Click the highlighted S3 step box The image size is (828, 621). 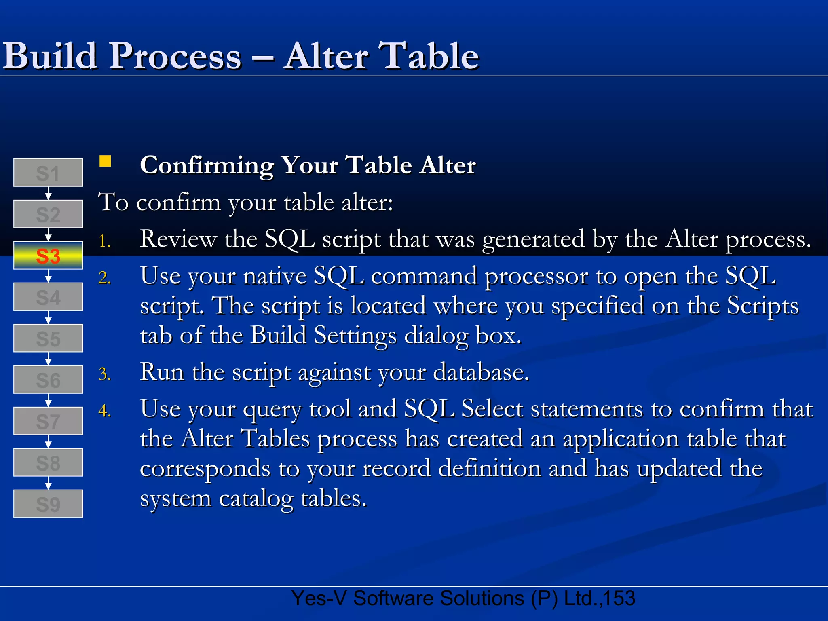(x=48, y=256)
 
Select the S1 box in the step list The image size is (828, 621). (x=48, y=173)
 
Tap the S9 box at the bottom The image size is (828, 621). (x=48, y=504)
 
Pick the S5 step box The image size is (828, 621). (x=48, y=338)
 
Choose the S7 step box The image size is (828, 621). (x=48, y=421)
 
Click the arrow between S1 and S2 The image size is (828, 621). (x=48, y=193)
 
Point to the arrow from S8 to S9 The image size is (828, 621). (x=48, y=483)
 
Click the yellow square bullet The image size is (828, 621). (x=105, y=161)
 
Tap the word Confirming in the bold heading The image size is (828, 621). (x=207, y=166)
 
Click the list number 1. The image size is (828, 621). (x=104, y=241)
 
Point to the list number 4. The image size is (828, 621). (x=104, y=411)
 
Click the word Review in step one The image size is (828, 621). (x=178, y=239)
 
